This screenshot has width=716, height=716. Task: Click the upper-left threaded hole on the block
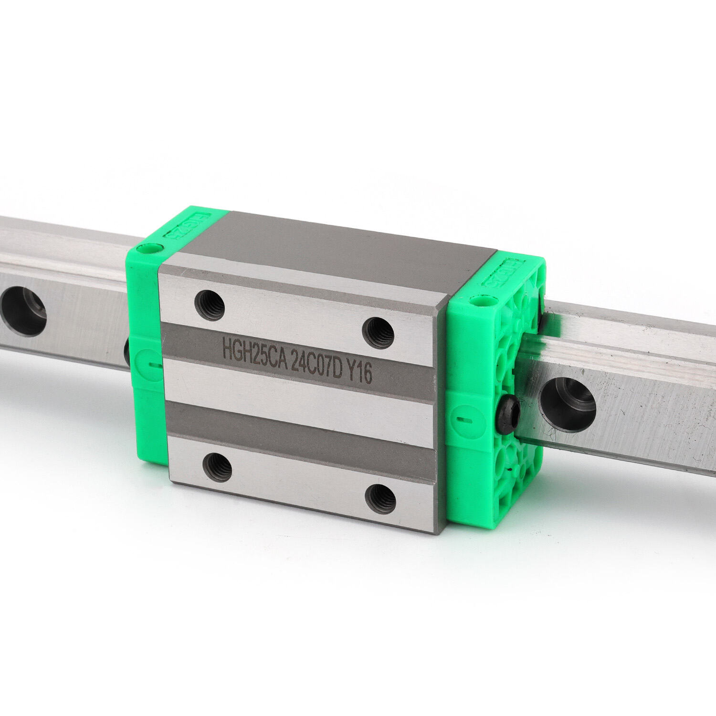tap(210, 305)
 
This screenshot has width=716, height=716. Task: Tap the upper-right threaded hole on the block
tap(378, 333)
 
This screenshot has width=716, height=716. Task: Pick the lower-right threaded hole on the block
tap(380, 498)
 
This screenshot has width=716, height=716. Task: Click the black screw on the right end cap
tap(506, 411)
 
